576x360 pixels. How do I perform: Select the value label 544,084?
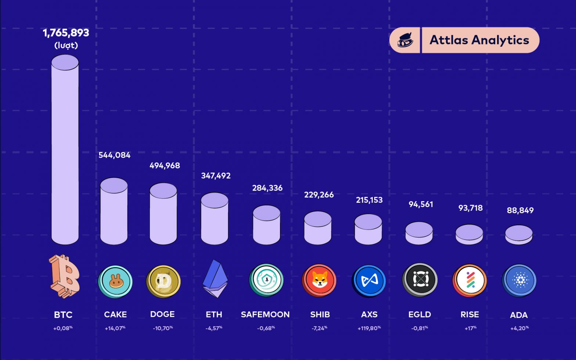click(x=114, y=155)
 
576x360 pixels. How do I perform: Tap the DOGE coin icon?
click(x=163, y=281)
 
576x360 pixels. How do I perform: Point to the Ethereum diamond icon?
click(x=215, y=279)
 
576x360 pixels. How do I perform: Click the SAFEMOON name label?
click(x=265, y=314)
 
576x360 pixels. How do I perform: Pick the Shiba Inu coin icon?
click(x=319, y=281)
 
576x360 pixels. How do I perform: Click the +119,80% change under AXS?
click(x=369, y=328)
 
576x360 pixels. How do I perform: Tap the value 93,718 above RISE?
click(x=470, y=208)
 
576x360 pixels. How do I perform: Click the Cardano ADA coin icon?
click(x=519, y=281)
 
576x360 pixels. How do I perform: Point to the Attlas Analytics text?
click(x=479, y=40)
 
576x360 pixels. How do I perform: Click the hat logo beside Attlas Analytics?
click(x=405, y=40)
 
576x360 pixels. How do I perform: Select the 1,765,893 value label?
click(x=66, y=33)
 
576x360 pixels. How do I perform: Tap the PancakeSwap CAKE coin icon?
click(x=115, y=281)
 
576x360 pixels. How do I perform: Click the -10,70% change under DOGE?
click(x=163, y=328)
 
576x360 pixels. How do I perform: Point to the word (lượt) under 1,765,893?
click(x=66, y=46)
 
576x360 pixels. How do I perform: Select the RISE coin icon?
click(x=470, y=281)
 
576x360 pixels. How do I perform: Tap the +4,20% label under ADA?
click(x=519, y=328)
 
